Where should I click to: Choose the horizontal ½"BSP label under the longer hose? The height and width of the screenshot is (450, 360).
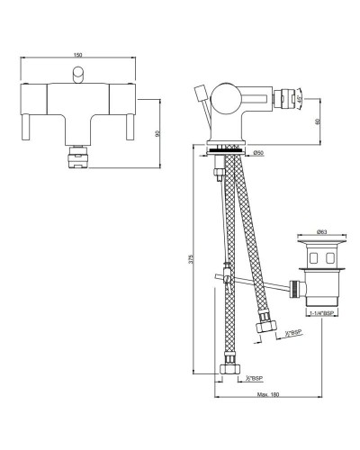(x=255, y=377)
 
